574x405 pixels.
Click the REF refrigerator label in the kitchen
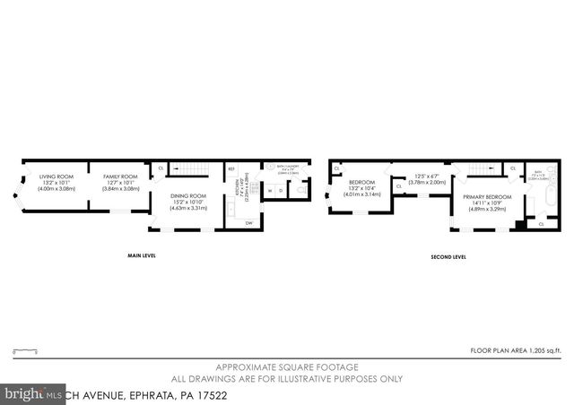click(x=231, y=168)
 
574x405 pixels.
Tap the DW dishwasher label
click(x=248, y=222)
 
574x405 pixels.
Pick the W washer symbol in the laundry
click(x=270, y=190)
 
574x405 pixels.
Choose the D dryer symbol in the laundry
click(x=282, y=190)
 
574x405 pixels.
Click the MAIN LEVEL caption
click(x=142, y=256)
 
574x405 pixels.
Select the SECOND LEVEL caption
click(x=448, y=256)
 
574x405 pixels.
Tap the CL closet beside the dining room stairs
click(x=161, y=168)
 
